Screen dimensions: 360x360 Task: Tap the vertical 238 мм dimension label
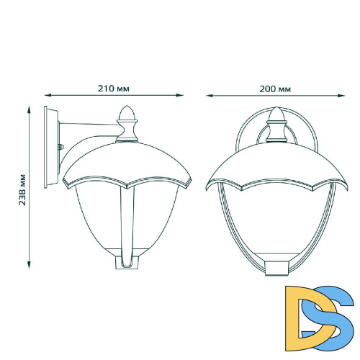(24, 187)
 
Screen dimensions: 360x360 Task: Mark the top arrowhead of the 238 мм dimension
(30, 107)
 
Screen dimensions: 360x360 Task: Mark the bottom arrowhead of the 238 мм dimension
(30, 266)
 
